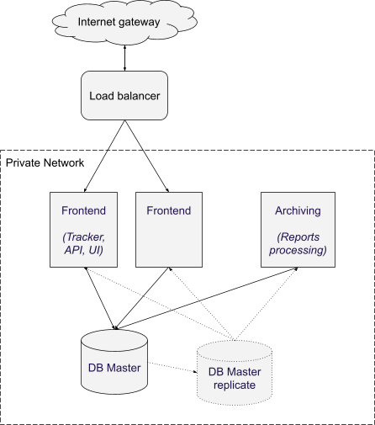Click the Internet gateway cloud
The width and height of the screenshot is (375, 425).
tap(124, 22)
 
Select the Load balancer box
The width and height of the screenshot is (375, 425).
tap(124, 95)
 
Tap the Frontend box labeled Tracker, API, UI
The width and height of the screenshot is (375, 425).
tap(83, 230)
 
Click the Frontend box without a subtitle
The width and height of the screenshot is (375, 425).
tap(169, 230)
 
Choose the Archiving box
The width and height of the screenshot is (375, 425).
tap(298, 230)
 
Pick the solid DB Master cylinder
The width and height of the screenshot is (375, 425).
tap(114, 362)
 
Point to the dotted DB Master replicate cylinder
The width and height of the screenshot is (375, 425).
tap(235, 373)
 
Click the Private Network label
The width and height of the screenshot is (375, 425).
tap(45, 162)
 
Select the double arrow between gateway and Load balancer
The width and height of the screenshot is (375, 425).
tap(124, 58)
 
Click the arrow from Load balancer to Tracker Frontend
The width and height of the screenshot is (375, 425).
tap(104, 156)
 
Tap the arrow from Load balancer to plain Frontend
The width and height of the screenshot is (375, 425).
tap(147, 156)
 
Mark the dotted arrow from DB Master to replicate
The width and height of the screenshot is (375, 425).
tap(172, 368)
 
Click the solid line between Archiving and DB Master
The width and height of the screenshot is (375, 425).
tap(206, 299)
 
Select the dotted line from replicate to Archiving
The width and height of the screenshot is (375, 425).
tap(267, 304)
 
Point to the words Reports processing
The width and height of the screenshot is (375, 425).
tap(298, 243)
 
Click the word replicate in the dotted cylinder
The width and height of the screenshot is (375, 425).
tap(235, 385)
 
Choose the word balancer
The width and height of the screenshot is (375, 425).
tap(139, 96)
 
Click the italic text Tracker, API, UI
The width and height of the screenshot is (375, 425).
tap(83, 243)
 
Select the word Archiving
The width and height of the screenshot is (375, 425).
tap(298, 211)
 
